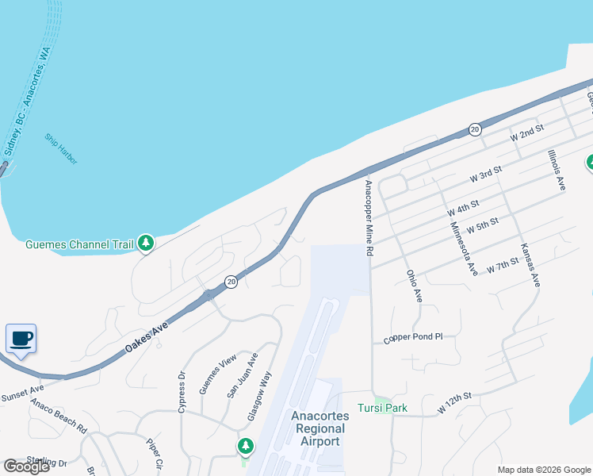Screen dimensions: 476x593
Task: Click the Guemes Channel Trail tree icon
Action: [x=145, y=244]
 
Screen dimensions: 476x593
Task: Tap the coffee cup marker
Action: [x=21, y=340]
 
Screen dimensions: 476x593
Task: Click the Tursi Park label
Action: [x=381, y=408]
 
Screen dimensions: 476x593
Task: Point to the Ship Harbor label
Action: [x=62, y=148]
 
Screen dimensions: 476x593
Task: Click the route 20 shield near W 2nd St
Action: [x=475, y=129]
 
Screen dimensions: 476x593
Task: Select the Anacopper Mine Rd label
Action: [x=369, y=217]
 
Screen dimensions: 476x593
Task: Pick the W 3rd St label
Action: [x=486, y=175]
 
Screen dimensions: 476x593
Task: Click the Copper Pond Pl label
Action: [x=413, y=337]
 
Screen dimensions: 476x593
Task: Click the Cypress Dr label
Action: [x=182, y=391]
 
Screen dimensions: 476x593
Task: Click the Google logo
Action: [x=26, y=466]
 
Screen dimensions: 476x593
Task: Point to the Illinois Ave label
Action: [x=557, y=171]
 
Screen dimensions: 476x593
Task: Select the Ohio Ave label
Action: [x=414, y=286]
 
